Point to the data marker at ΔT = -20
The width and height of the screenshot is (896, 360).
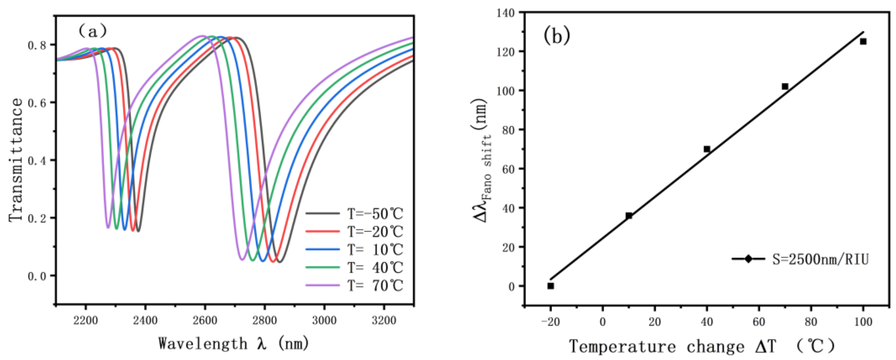point(551,286)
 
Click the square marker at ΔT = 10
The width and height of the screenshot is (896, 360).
point(629,216)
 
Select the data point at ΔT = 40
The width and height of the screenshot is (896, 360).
point(707,149)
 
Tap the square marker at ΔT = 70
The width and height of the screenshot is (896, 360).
point(785,86)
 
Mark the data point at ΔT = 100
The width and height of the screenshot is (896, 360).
point(863,41)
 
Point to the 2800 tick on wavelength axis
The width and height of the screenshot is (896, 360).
point(264,320)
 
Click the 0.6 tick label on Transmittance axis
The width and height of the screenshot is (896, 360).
point(37,103)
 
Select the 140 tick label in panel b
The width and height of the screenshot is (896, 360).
point(507,13)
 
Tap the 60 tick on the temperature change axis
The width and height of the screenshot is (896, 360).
point(759,322)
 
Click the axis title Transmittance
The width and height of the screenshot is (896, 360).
point(16,160)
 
